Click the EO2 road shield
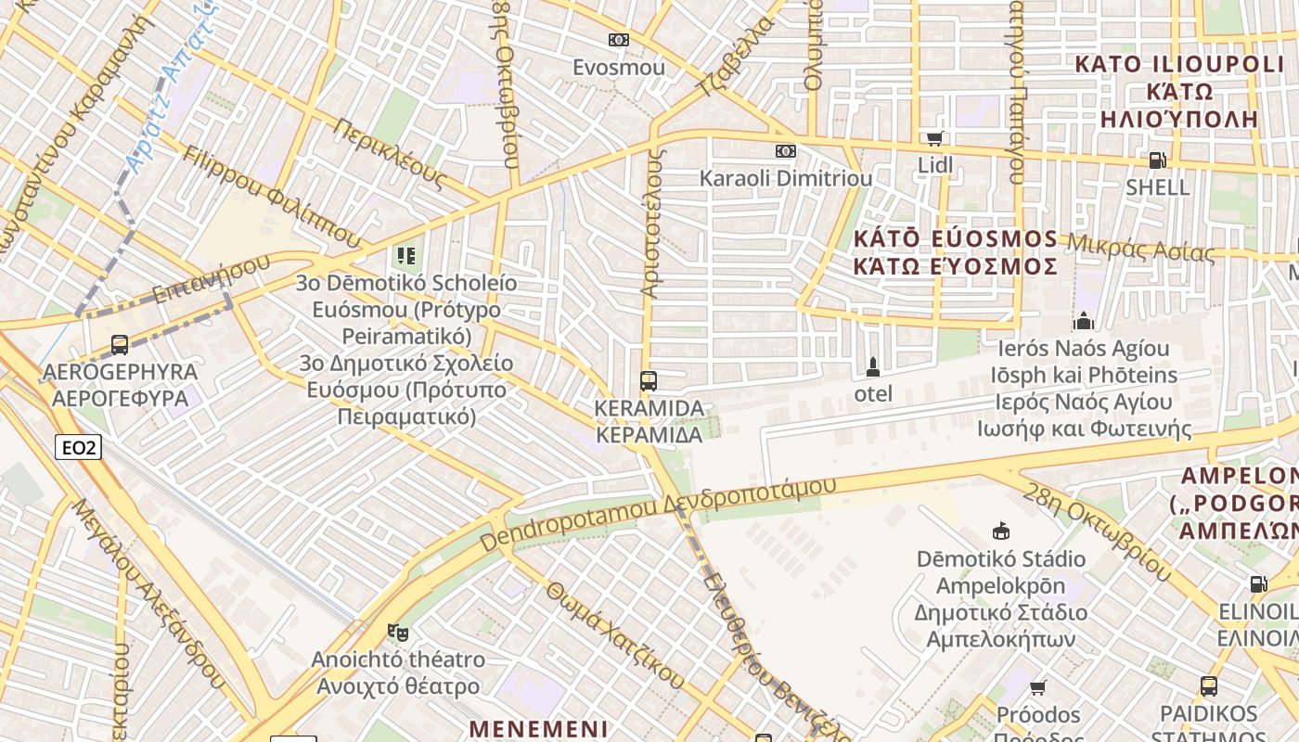78,448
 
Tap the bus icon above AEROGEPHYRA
120,345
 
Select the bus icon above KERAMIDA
649,380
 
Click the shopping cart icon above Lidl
935,139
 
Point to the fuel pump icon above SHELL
1157,160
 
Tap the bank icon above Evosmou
619,40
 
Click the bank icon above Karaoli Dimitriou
786,150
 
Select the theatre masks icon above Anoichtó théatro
398,633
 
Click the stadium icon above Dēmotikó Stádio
1001,531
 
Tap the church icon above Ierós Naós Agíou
1083,321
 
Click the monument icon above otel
872,367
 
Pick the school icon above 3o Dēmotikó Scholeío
405,255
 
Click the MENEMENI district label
538,729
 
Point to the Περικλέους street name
390,153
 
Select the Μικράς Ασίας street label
1141,247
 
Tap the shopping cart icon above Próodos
1038,688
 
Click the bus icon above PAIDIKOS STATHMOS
1209,686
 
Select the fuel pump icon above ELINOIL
1258,584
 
